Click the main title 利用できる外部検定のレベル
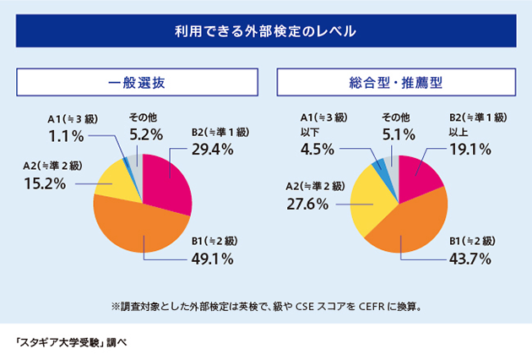pos(265,31)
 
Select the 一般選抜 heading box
pos(137,83)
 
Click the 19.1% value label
pos(471,150)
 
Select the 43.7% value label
pos(470,258)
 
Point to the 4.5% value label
pos(318,150)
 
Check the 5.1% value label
pos(399,134)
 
